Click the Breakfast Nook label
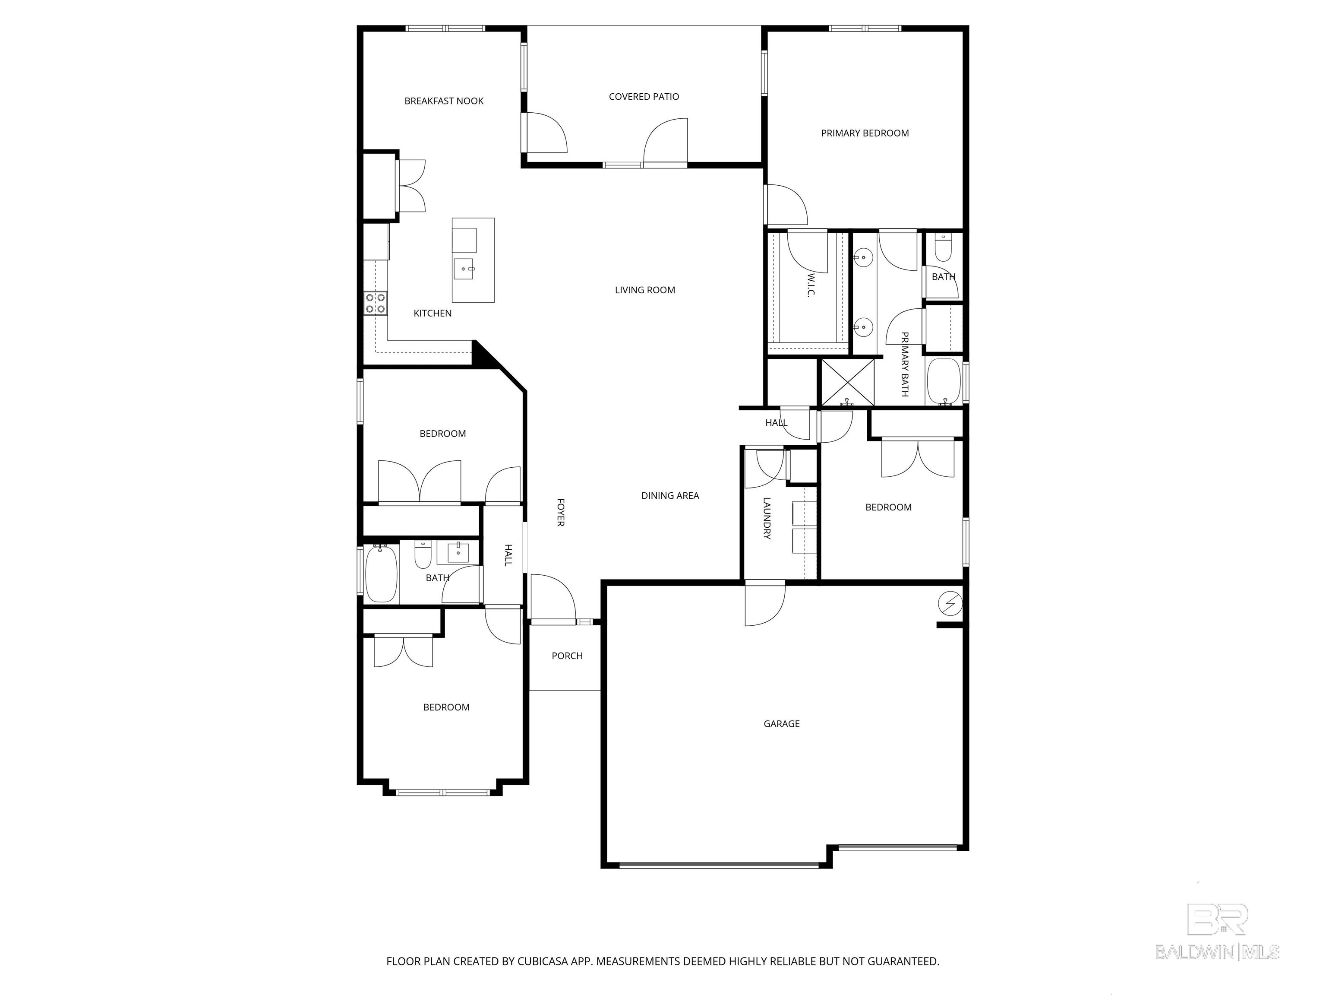tap(444, 101)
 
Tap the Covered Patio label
tap(644, 97)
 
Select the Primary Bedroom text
tap(865, 133)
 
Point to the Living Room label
tap(645, 290)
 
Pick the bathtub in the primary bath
tap(944, 382)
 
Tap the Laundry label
tap(767, 518)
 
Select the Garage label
tap(781, 724)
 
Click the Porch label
tap(567, 656)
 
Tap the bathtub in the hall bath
tap(381, 574)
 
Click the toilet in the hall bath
tap(423, 555)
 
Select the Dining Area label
tap(670, 495)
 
